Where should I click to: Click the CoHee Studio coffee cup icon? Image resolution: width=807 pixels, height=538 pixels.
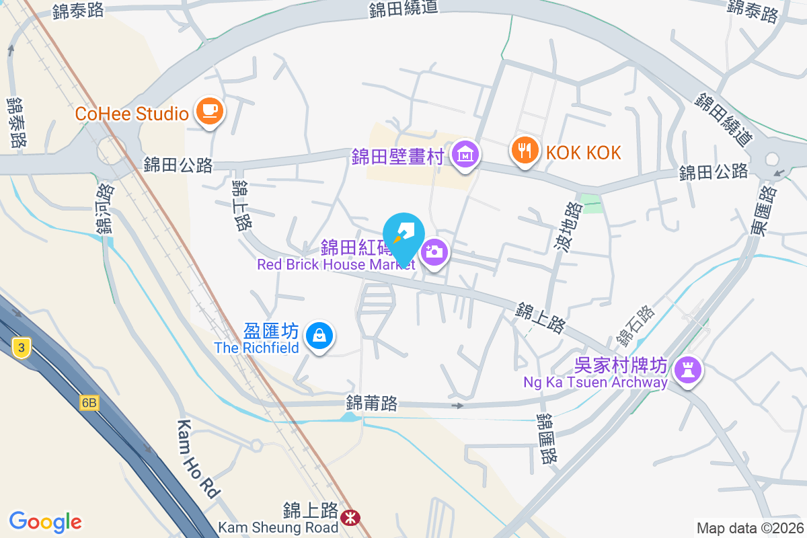pyautogui.click(x=209, y=112)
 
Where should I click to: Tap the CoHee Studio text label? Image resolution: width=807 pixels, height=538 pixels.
pyautogui.click(x=132, y=113)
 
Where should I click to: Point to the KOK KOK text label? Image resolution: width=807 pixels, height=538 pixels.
pyautogui.click(x=583, y=153)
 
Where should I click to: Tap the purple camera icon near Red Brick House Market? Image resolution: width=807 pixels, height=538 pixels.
pyautogui.click(x=435, y=253)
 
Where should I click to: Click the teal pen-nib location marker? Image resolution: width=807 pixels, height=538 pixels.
pyautogui.click(x=403, y=237)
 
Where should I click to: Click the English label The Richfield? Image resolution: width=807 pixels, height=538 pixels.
pyautogui.click(x=256, y=348)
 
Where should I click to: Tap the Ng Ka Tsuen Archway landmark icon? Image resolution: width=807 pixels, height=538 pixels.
pyautogui.click(x=687, y=369)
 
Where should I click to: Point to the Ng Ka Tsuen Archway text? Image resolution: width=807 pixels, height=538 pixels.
pyautogui.click(x=595, y=383)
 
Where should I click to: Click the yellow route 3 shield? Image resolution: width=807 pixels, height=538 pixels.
pyautogui.click(x=22, y=348)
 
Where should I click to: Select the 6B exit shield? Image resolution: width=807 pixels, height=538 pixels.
pyautogui.click(x=88, y=403)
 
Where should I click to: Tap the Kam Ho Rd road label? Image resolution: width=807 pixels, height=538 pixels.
pyautogui.click(x=198, y=459)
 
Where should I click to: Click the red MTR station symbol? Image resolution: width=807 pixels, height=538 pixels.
pyautogui.click(x=349, y=517)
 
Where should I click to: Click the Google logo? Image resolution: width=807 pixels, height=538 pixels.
pyautogui.click(x=45, y=521)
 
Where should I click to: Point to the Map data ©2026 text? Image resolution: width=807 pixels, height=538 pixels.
pyautogui.click(x=748, y=528)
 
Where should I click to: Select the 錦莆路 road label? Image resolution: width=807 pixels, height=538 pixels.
pyautogui.click(x=372, y=403)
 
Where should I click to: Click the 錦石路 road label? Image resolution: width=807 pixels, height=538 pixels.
pyautogui.click(x=636, y=325)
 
